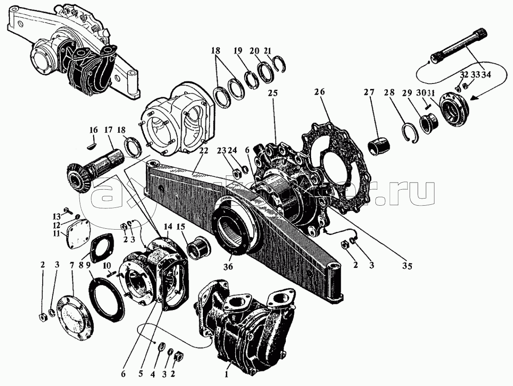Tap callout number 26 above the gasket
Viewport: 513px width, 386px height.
click(x=320, y=92)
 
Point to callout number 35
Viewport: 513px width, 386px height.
click(x=407, y=266)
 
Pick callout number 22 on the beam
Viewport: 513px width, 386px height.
click(x=203, y=151)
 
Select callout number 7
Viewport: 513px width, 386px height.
click(x=72, y=265)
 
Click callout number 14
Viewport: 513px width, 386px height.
click(x=167, y=227)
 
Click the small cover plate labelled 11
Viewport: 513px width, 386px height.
click(x=78, y=235)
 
